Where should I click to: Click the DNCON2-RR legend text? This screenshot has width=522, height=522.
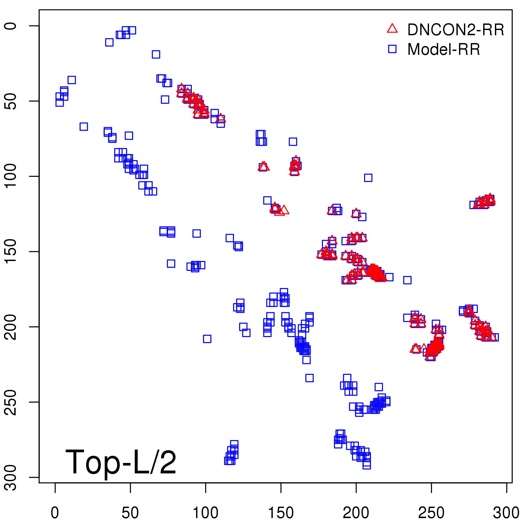(x=455, y=30)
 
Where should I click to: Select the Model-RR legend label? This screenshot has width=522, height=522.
(x=444, y=50)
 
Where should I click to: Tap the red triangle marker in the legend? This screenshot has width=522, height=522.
(x=392, y=29)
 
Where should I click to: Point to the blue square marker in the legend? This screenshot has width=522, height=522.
(x=392, y=49)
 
